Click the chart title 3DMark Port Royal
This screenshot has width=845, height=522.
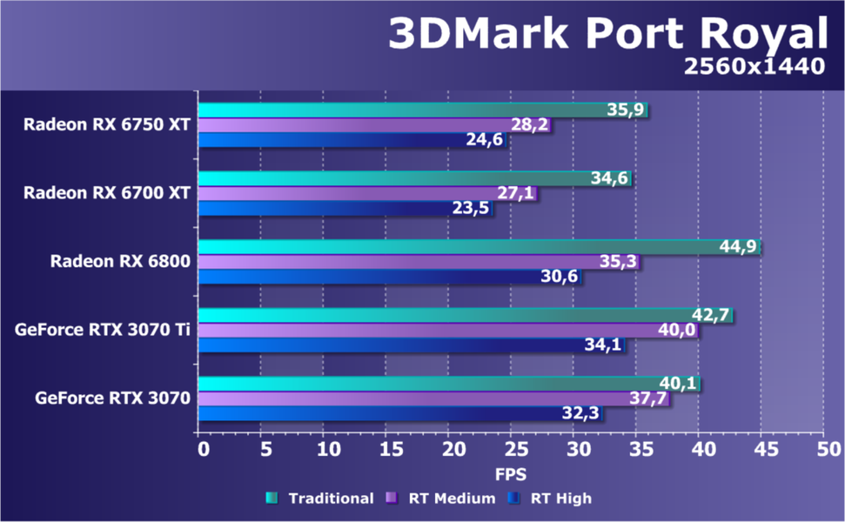pyautogui.click(x=606, y=34)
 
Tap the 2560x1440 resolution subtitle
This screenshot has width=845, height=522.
pyautogui.click(x=754, y=67)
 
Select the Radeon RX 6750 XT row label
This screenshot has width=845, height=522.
pyautogui.click(x=107, y=124)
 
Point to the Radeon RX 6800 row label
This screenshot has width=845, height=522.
pyautogui.click(x=120, y=261)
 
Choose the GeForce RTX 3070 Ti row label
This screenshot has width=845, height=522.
pyautogui.click(x=103, y=330)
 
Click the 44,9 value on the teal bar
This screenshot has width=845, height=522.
pyautogui.click(x=739, y=247)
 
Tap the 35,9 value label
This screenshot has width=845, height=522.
pyautogui.click(x=626, y=110)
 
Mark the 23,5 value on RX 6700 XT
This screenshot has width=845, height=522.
pyautogui.click(x=471, y=209)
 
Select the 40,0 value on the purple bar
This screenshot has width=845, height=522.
pyautogui.click(x=675, y=331)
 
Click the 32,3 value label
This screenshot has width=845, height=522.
pyautogui.click(x=580, y=414)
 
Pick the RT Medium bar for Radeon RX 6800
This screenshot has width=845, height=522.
pyautogui.click(x=400, y=262)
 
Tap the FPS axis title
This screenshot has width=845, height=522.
pyautogui.click(x=511, y=474)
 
